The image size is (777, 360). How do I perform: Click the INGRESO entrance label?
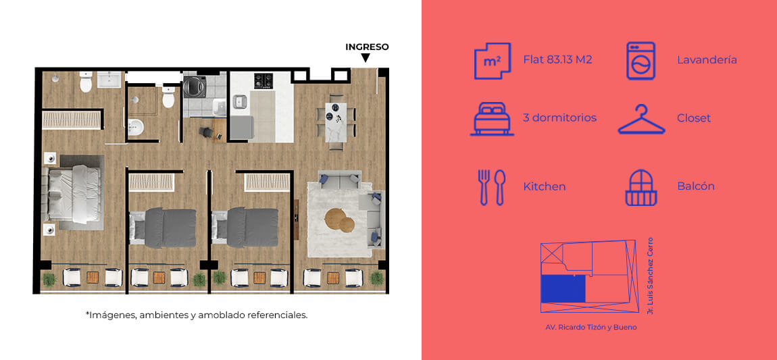367,47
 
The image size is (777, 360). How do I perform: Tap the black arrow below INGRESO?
366,58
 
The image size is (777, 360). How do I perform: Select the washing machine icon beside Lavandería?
641,60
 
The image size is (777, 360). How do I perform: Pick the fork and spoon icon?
492,187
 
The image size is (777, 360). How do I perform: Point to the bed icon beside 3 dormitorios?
492,119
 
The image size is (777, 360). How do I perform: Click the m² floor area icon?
492,60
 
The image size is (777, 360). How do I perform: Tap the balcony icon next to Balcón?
641,188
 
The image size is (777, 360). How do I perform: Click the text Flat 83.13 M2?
557,60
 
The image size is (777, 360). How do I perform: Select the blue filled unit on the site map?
563,288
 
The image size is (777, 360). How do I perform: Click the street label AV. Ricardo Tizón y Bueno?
591,328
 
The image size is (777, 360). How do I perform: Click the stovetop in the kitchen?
264,81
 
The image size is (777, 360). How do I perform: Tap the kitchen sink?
241,101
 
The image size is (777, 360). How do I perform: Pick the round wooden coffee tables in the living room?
340,220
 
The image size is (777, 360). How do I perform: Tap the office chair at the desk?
207,132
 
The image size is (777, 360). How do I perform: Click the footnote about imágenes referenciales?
197,315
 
